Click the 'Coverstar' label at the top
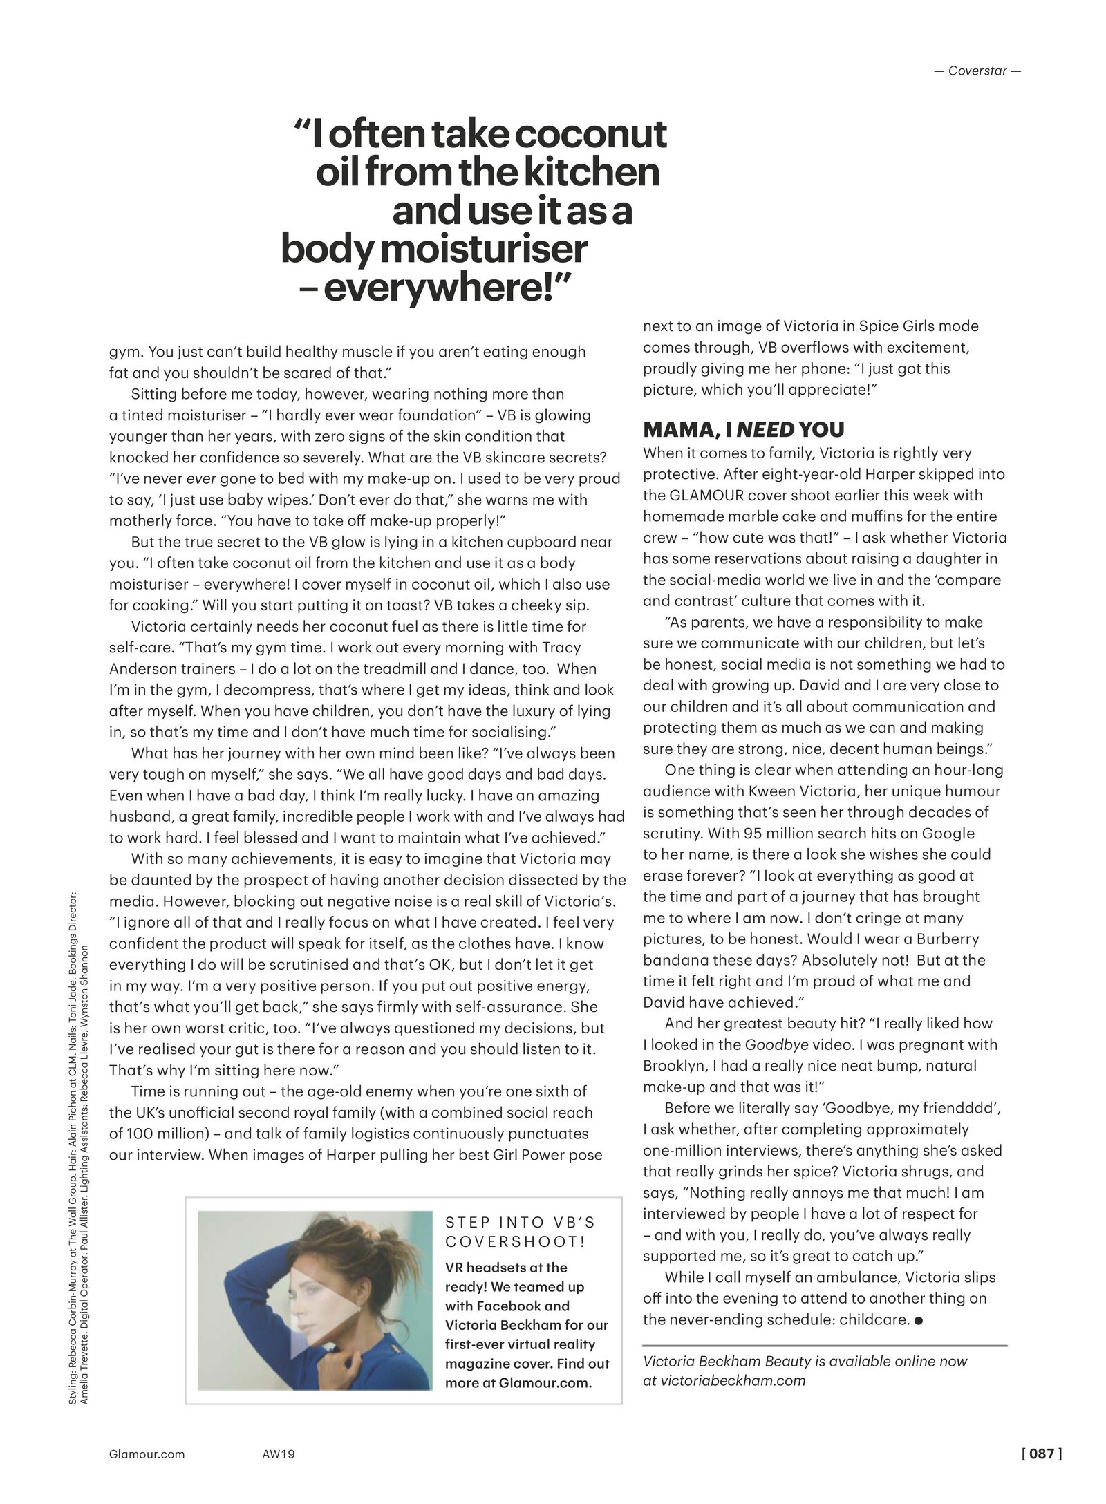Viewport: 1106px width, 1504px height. [977, 70]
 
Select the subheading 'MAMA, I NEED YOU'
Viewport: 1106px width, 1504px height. [743, 430]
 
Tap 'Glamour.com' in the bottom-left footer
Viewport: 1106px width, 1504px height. [147, 1454]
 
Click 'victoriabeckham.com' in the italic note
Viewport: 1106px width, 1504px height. [733, 1380]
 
